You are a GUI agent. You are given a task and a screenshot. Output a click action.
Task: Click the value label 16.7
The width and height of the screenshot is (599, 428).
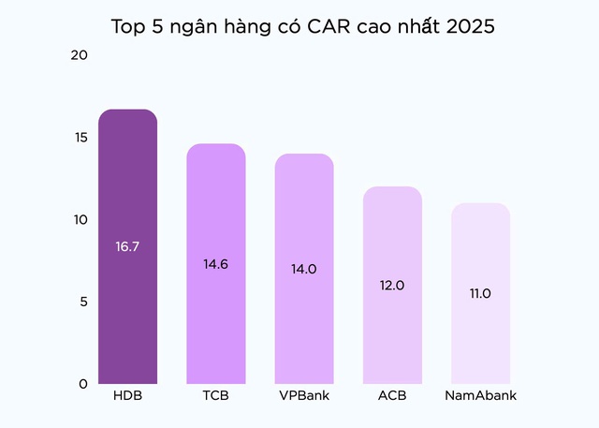click(127, 247)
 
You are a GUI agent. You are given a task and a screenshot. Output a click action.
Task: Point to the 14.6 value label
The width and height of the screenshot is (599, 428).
click(215, 263)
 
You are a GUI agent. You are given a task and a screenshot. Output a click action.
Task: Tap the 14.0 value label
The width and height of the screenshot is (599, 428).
click(304, 269)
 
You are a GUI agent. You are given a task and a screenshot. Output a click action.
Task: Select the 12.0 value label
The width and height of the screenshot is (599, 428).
click(392, 285)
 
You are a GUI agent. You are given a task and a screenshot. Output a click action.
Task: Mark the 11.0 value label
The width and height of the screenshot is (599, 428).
click(480, 293)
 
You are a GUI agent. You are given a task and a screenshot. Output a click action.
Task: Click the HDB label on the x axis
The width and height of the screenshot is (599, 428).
click(127, 395)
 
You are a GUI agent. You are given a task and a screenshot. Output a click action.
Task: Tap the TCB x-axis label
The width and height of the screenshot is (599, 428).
click(215, 395)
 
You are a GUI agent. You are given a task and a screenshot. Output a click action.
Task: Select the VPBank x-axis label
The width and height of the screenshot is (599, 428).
click(304, 395)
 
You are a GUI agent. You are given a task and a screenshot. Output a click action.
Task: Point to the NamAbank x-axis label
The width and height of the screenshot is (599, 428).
click(480, 395)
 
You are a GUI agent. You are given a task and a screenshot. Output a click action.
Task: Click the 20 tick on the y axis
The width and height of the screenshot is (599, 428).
click(79, 55)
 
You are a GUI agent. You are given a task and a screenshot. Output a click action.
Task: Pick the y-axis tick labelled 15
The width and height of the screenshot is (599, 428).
click(79, 138)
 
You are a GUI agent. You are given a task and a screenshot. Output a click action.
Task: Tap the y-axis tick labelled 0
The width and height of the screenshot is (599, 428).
click(82, 384)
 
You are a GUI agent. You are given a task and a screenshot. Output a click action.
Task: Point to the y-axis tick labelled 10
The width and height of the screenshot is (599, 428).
click(79, 220)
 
